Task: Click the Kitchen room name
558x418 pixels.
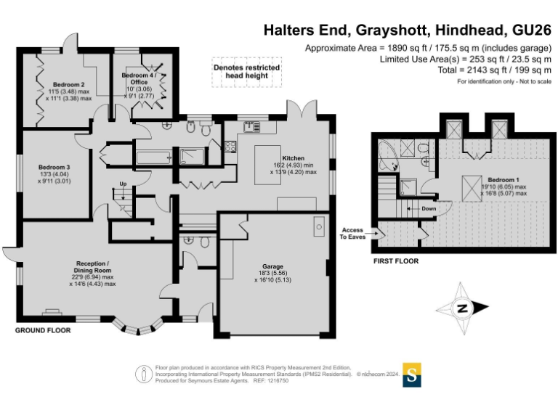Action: tap(294, 158)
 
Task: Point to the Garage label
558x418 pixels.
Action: tap(272, 266)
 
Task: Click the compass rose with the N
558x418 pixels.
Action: tap(463, 308)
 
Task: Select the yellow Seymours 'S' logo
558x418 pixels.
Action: tap(411, 374)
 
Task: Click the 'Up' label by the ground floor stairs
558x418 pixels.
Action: tap(123, 184)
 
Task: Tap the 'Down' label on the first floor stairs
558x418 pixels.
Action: tap(429, 208)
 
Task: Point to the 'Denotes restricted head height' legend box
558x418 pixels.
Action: tap(246, 72)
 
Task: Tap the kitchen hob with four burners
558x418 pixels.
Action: tap(231, 147)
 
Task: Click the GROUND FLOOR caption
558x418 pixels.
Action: tap(43, 330)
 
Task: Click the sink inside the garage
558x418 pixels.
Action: tap(319, 227)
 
